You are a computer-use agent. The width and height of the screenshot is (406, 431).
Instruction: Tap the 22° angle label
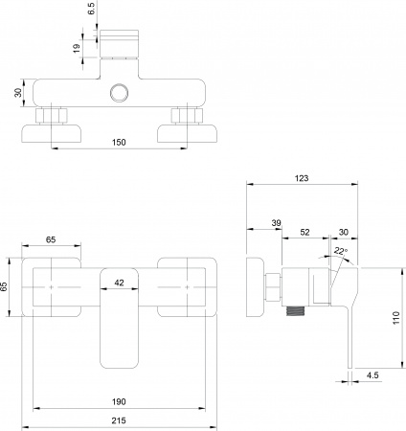pos(340,251)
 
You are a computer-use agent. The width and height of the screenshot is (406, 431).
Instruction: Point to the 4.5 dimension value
pos(372,376)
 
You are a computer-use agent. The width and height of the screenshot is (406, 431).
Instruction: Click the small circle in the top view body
pos(120,93)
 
